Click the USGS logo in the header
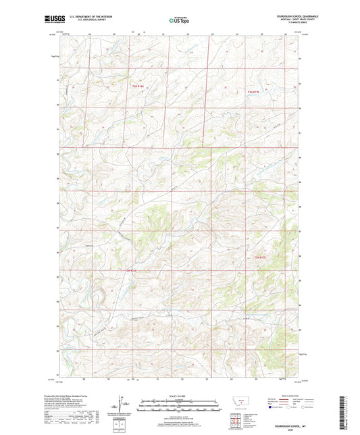[53, 20]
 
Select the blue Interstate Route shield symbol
[271, 407]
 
